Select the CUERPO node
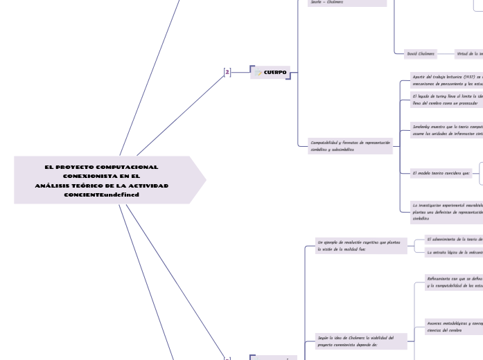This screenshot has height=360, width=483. tap(275, 72)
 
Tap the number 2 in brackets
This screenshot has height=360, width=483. tap(227, 72)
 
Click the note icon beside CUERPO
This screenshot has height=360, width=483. tap(258, 72)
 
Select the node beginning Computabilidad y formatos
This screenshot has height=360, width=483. tap(350, 145)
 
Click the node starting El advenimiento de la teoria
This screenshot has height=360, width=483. tap(454, 239)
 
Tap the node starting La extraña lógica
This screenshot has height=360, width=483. tap(454, 253)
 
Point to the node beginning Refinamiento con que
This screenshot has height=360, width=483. tap(454, 282)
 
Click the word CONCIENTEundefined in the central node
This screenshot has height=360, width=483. tap(102, 195)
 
